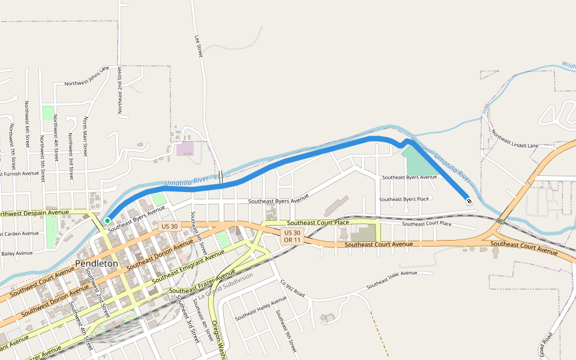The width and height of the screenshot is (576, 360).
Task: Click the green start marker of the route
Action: [107, 221]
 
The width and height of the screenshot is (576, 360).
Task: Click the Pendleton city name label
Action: [97, 263]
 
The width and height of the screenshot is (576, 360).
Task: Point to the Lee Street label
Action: [198, 46]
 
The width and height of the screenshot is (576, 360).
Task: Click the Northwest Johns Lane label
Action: [87, 76]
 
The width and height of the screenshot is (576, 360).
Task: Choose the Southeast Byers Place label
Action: [404, 199]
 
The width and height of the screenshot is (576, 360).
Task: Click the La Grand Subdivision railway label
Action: [226, 286]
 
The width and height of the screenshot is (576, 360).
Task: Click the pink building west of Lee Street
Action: [185, 148]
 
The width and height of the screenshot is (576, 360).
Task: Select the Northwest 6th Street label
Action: [27, 124]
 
